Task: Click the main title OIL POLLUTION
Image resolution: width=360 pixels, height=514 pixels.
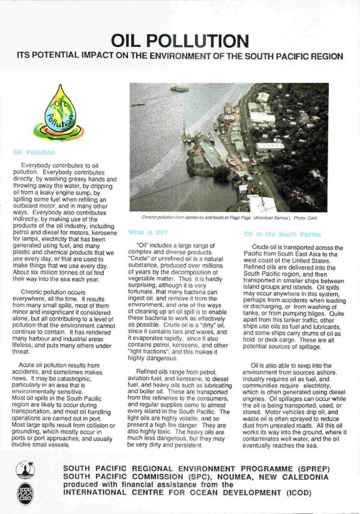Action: click(180, 41)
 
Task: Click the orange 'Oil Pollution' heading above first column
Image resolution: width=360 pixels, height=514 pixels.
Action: click(34, 153)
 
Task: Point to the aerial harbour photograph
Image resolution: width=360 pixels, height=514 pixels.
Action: click(229, 148)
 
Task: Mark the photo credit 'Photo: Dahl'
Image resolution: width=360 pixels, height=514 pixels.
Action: click(307, 219)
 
